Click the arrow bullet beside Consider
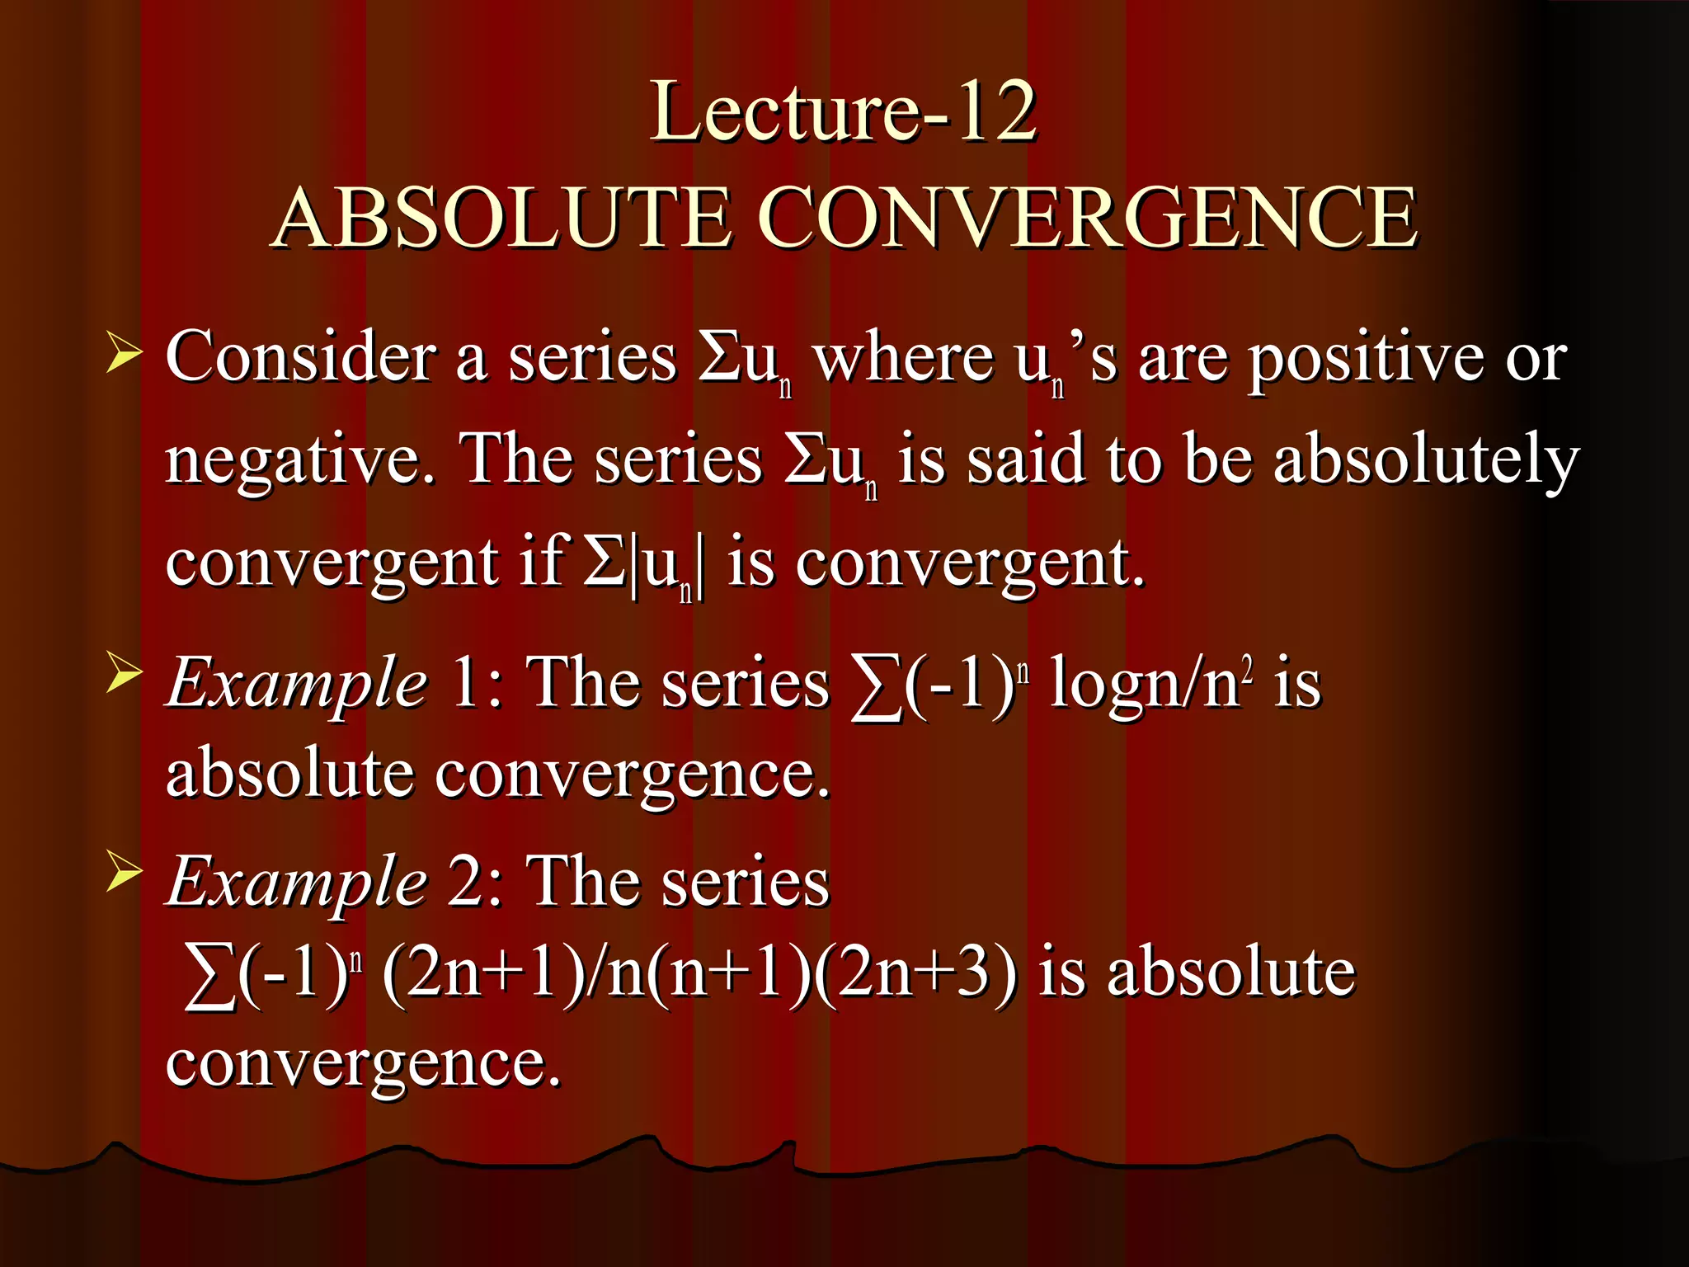click(123, 356)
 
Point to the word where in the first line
click(902, 360)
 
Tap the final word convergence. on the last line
click(363, 1064)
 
